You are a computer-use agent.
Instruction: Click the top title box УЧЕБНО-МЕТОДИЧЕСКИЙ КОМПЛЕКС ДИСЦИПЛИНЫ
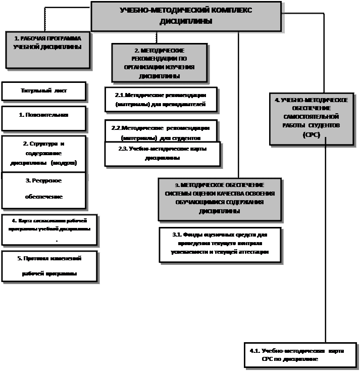pos(185,16)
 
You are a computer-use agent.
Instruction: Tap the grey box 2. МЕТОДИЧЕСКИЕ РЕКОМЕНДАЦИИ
pos(159,63)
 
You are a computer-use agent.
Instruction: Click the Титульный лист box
pos(44,91)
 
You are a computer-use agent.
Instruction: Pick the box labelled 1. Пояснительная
pos(44,118)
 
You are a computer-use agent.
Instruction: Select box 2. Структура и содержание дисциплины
pos(44,153)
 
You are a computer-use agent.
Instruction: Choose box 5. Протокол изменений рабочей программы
pos(49,266)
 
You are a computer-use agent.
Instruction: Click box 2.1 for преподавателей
pos(161,100)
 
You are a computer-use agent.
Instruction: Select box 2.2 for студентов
pos(161,130)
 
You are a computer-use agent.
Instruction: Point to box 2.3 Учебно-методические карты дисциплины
pos(163,153)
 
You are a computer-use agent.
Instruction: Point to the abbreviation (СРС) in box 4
pos(311,135)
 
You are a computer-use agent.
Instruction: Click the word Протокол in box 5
pos(33,258)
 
